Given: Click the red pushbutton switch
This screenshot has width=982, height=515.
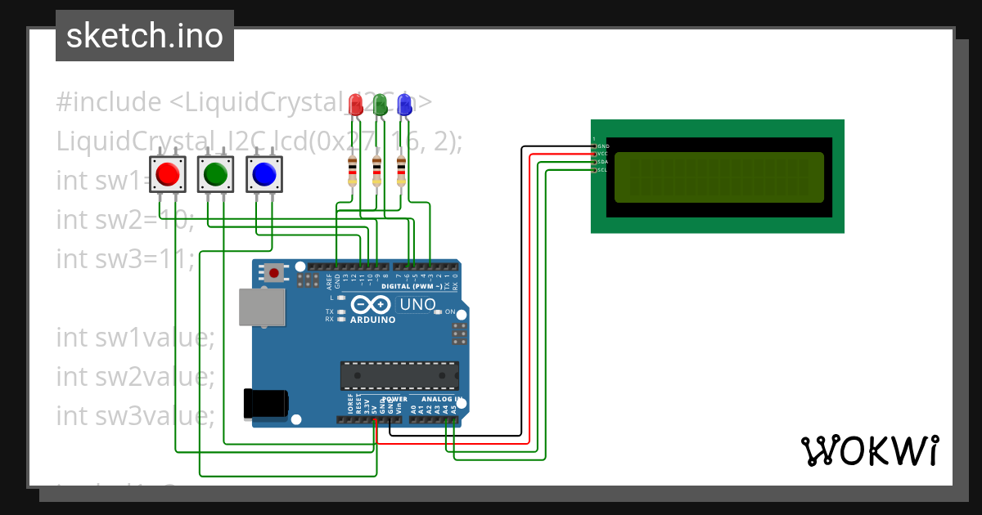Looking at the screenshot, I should tap(168, 174).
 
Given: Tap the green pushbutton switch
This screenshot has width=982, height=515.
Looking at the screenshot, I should tap(216, 174).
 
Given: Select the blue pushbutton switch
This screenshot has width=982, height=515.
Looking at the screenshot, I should tap(264, 174).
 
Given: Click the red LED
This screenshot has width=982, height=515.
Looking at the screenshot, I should tap(355, 104).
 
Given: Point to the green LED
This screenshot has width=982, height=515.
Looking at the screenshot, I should tap(380, 104).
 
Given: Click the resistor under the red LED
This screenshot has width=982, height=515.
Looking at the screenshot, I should tap(353, 170).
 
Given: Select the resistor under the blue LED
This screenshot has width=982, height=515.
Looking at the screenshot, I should tap(401, 170).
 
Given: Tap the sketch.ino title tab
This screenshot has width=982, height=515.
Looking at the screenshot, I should tap(145, 36).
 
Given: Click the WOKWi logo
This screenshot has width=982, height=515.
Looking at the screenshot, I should tap(869, 450).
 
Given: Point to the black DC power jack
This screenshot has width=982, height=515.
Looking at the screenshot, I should tap(266, 403).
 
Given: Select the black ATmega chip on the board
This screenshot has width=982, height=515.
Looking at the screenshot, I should tap(399, 375).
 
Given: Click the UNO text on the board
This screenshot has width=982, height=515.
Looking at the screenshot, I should tap(417, 305).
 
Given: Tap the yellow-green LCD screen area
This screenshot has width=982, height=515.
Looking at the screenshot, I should tap(719, 177).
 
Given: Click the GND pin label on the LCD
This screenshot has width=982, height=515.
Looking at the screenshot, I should tap(604, 146).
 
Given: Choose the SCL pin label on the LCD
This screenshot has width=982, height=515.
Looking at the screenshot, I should tap(604, 170).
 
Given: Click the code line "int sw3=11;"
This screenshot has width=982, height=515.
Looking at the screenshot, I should tap(125, 258).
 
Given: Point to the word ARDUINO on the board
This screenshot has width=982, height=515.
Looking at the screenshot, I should tap(372, 320).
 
